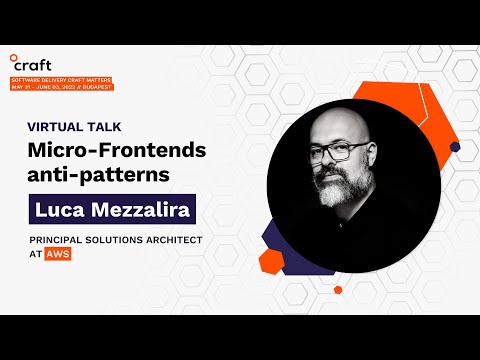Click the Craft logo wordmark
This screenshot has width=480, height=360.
coord(32,65)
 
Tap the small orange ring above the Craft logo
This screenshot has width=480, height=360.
coord(14,56)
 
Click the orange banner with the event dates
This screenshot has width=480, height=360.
coord(61,83)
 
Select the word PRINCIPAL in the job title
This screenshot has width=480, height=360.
coord(60,241)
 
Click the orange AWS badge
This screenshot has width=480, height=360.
coord(57,255)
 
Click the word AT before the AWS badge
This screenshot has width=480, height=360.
coord(35,255)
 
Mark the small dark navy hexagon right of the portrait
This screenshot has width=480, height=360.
coord(455,146)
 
